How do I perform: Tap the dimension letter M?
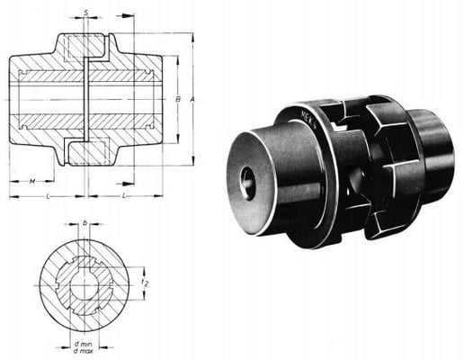tap(31, 181)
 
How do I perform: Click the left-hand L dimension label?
tap(47, 194)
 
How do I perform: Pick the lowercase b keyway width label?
tap(85, 220)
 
